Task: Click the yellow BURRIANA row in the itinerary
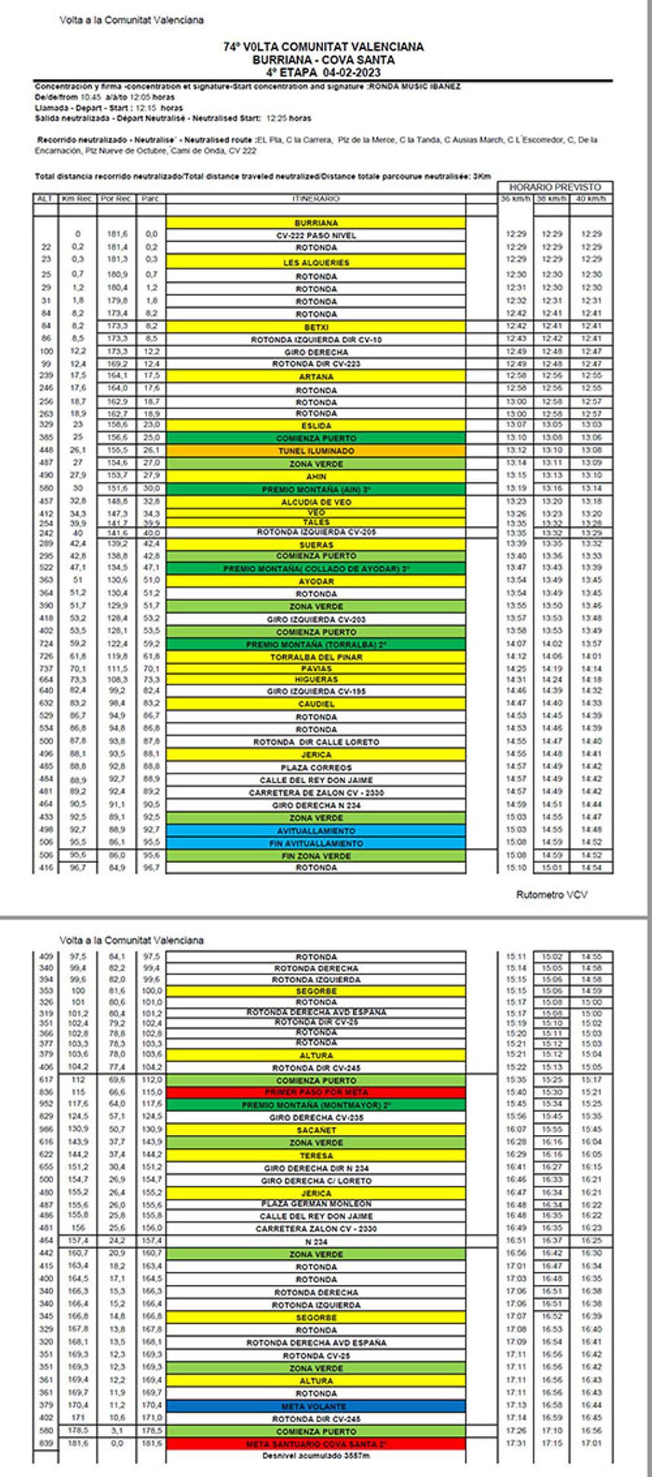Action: [x=316, y=223]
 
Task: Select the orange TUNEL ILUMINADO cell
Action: [x=316, y=451]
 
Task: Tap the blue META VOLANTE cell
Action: [x=316, y=1406]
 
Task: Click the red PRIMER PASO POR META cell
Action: [x=316, y=1092]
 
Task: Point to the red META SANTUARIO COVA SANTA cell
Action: [x=316, y=1444]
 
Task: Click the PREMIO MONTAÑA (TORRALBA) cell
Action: [x=316, y=644]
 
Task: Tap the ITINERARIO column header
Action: [x=316, y=198]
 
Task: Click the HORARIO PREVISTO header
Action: [x=555, y=187]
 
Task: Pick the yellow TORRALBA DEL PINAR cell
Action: [x=316, y=657]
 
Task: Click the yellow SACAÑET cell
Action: [x=316, y=1130]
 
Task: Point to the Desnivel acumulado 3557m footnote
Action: [x=316, y=1456]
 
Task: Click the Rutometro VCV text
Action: [x=551, y=895]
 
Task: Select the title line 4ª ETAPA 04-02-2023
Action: [x=323, y=72]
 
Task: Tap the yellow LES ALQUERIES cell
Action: [x=316, y=262]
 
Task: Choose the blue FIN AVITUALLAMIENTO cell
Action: [x=316, y=844]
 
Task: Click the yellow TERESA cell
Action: [x=316, y=1155]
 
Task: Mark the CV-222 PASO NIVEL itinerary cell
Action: [x=316, y=235]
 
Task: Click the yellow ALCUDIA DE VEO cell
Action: [x=316, y=502]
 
